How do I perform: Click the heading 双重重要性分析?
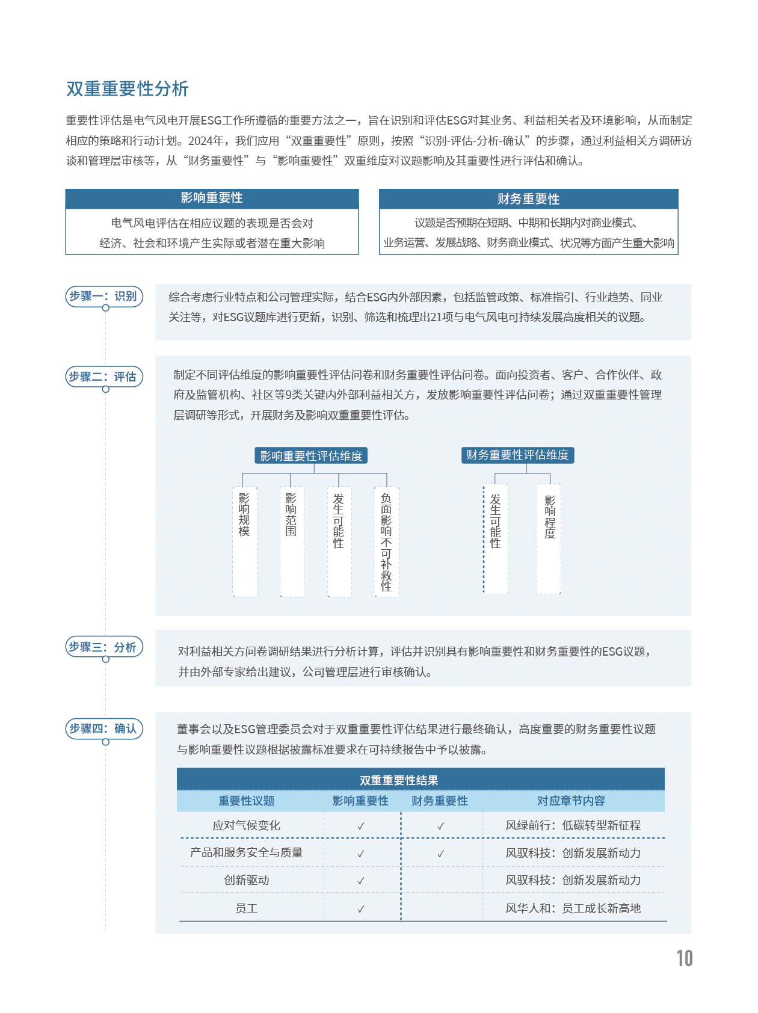coord(127,89)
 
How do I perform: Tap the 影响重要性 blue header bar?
coord(212,199)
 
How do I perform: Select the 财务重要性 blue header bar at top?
coord(528,199)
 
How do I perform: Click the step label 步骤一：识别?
coord(103,297)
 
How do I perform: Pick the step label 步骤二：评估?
coord(103,377)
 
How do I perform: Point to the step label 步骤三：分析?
coord(103,647)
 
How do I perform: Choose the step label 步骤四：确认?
coord(103,729)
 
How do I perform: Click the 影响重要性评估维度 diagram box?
coord(311,456)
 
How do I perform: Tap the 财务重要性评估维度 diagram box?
coord(517,455)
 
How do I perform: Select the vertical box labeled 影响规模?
coord(244,541)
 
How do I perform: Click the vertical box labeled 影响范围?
coord(291,541)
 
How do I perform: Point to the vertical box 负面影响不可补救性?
coord(386,542)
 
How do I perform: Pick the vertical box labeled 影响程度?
coord(549,539)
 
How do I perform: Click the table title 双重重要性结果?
coord(399,780)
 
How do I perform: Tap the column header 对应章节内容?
coord(571,801)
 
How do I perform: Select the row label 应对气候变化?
coord(247,826)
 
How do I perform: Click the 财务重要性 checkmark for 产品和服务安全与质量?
coord(441,854)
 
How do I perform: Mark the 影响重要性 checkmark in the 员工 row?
coord(361,909)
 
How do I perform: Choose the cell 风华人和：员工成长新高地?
coord(573,908)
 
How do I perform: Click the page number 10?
coord(685,958)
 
